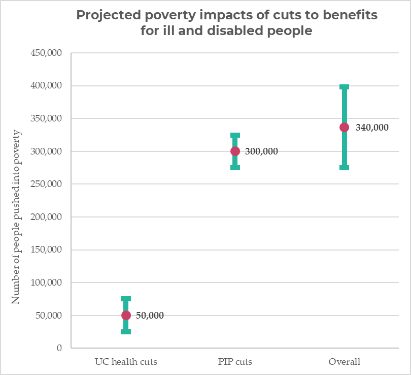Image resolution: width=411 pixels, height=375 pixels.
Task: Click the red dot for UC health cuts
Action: pos(126,315)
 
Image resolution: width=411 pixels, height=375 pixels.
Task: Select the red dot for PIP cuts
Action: pos(235,151)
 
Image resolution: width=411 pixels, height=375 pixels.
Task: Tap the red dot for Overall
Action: pos(344,127)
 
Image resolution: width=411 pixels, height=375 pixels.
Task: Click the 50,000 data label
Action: pos(150,316)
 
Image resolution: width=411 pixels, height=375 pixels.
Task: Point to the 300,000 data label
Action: pos(261,151)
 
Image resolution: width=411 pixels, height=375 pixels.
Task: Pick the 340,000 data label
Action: pos(372,128)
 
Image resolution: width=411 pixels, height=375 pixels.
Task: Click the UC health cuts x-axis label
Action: pos(126,362)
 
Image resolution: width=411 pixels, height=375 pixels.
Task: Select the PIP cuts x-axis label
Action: pos(235,362)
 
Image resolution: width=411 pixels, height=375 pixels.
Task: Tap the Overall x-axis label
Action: pos(344,362)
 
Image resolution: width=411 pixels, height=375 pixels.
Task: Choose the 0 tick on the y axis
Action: pos(59,348)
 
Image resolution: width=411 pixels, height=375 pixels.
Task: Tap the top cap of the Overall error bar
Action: pos(344,87)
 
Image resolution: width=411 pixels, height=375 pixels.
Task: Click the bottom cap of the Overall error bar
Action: pos(344,167)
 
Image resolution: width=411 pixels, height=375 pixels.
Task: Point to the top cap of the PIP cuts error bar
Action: pos(235,136)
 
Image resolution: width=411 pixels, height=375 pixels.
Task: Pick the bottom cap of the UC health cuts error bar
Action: pos(126,332)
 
